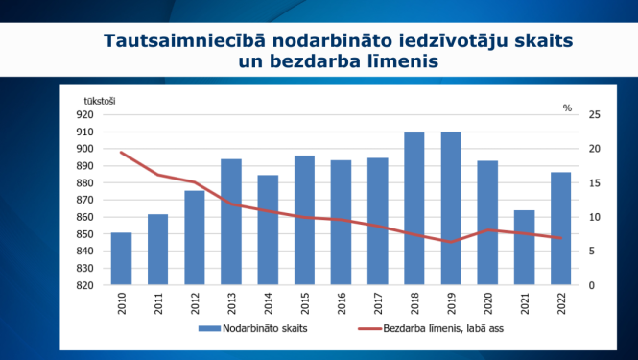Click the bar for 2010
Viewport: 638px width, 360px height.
click(122, 258)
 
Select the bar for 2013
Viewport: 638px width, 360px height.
click(231, 222)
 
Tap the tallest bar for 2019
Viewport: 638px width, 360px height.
click(451, 208)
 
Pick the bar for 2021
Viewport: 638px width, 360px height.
click(524, 247)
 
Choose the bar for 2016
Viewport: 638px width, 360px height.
click(341, 222)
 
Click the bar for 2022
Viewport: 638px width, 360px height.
click(560, 228)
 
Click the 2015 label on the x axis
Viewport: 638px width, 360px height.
click(305, 306)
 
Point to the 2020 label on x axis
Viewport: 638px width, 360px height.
click(487, 306)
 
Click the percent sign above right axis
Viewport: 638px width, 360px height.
click(567, 108)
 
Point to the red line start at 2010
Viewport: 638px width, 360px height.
click(122, 153)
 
